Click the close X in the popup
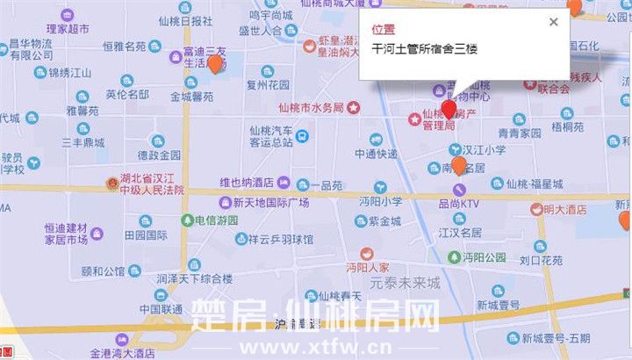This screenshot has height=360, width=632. tap(552, 22)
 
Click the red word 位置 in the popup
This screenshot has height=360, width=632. tap(384, 29)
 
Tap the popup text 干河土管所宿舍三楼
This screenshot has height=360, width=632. tap(424, 49)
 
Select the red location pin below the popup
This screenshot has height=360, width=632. tap(449, 109)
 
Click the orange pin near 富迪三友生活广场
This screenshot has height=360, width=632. tap(214, 63)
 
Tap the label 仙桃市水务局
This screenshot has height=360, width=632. tap(310, 107)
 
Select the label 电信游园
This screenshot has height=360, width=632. tap(216, 220)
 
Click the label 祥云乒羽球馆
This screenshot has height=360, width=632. tap(280, 238)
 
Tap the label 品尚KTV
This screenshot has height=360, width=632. tap(459, 204)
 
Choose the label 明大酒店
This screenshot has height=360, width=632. tap(564, 209)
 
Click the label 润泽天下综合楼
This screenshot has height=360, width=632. tap(194, 278)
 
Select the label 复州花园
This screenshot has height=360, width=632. tap(268, 85)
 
